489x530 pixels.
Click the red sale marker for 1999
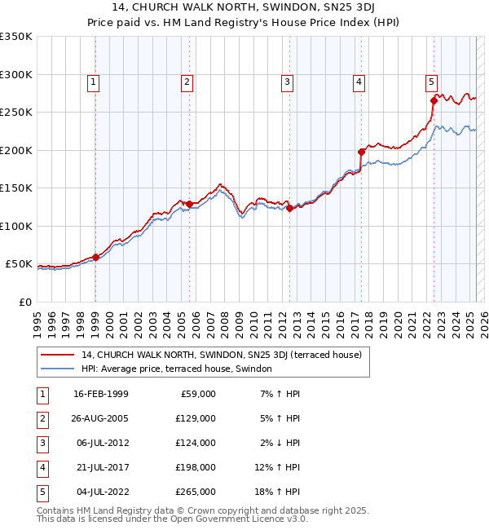click(95, 257)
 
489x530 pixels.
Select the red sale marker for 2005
click(189, 204)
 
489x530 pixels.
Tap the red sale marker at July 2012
click(289, 208)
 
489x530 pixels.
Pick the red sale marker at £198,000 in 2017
click(361, 152)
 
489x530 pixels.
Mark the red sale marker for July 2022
click(433, 101)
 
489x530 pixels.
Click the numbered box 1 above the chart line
click(94, 82)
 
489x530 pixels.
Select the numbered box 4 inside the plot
click(359, 82)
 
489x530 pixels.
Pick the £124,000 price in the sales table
click(196, 443)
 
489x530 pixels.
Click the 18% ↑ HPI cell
click(280, 492)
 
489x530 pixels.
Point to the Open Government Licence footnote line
click(173, 519)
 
